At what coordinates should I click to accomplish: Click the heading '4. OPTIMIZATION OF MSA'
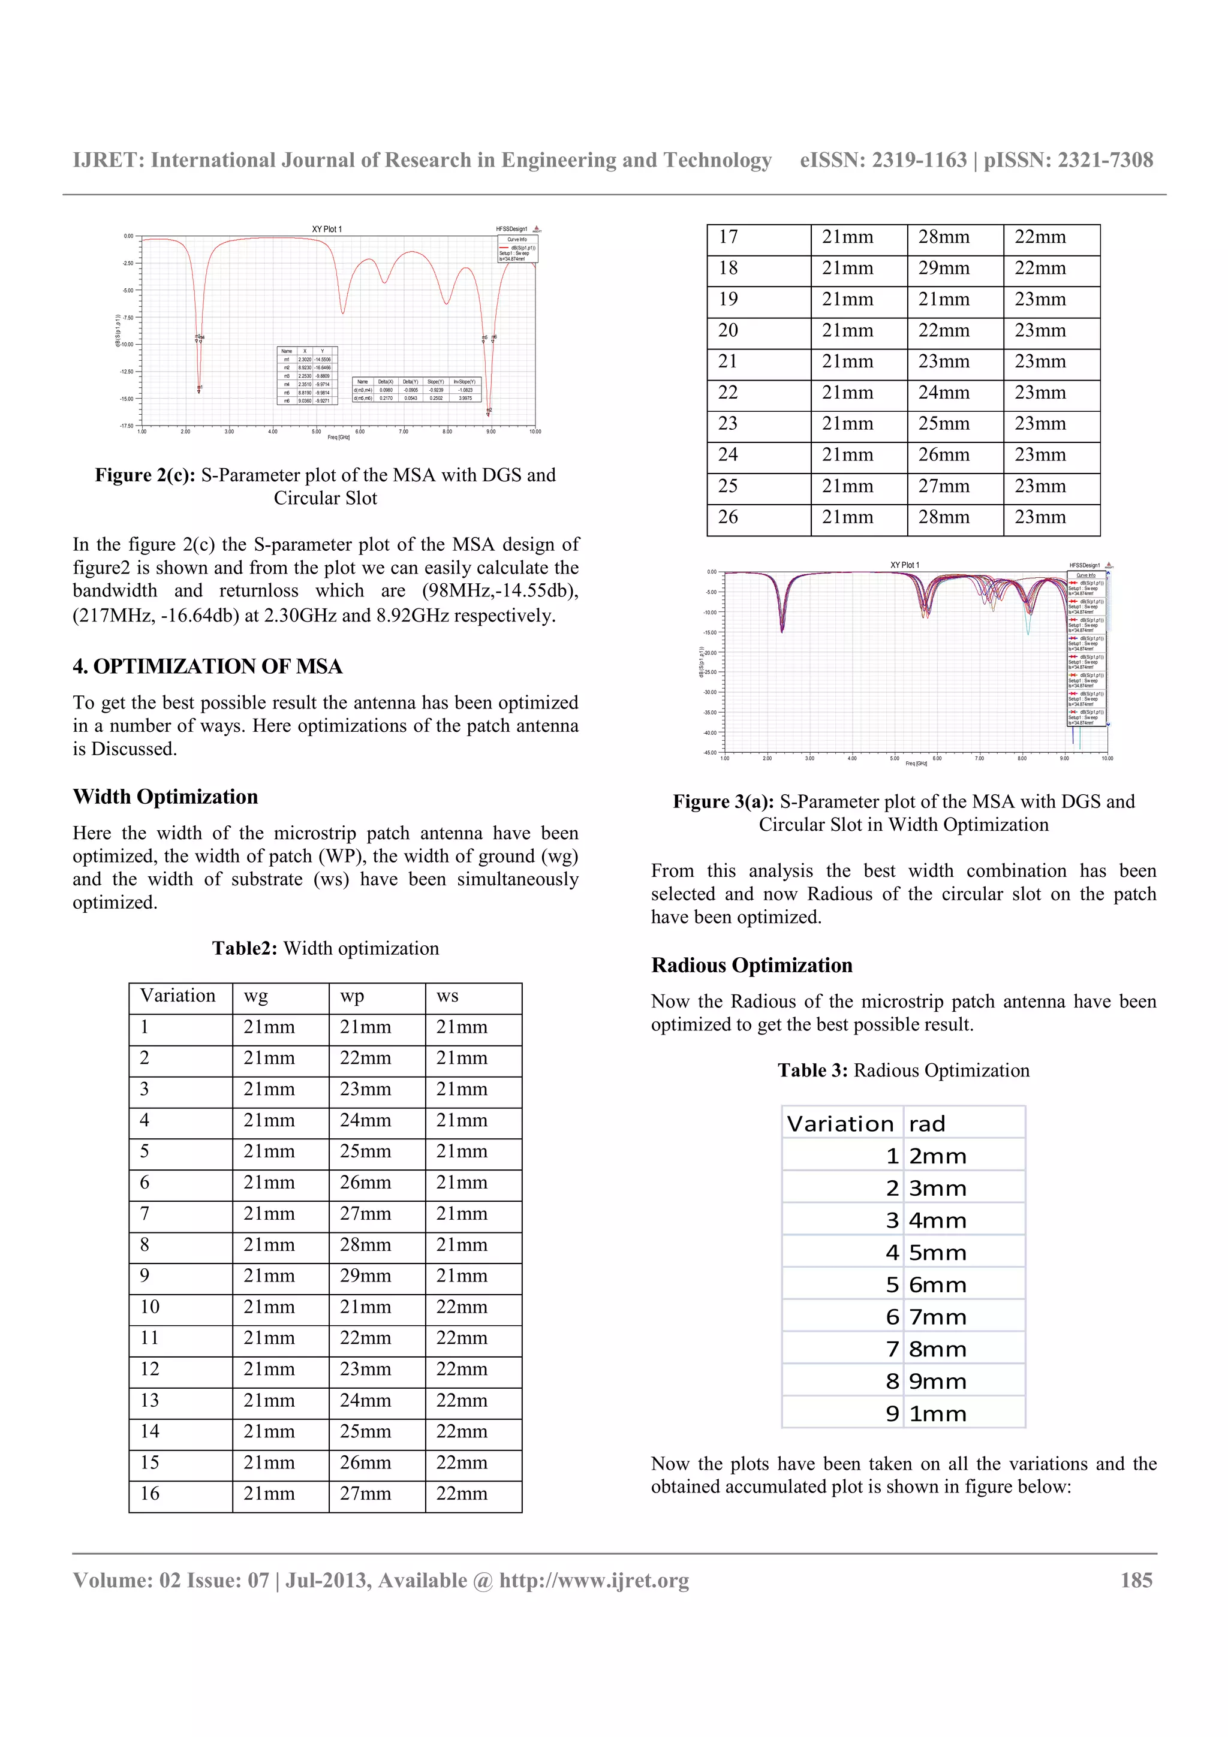click(207, 667)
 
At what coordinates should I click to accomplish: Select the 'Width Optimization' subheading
click(165, 797)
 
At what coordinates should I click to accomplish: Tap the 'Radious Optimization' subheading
click(751, 966)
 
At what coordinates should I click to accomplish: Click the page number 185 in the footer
click(1136, 1581)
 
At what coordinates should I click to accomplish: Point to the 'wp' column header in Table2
click(352, 996)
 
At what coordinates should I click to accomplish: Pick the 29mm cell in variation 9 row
click(365, 1276)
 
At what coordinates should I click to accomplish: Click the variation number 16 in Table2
click(150, 1494)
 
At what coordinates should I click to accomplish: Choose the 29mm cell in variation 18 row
click(944, 269)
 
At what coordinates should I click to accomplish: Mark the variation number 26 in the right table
click(728, 517)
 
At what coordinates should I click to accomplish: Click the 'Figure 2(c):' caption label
click(145, 475)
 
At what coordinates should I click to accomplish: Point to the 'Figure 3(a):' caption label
click(723, 802)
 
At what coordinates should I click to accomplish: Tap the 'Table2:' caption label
click(245, 949)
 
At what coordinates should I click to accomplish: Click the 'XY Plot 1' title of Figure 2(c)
click(327, 229)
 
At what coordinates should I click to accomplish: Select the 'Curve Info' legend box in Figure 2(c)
click(517, 249)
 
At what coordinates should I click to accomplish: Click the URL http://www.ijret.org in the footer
click(594, 1581)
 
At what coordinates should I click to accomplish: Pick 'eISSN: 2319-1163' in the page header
click(883, 161)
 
